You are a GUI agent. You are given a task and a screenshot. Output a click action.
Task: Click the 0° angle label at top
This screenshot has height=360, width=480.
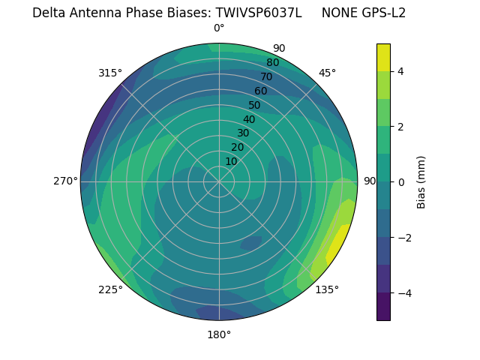click(x=219, y=28)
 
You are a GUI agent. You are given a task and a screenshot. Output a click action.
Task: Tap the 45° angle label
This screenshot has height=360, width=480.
click(x=327, y=73)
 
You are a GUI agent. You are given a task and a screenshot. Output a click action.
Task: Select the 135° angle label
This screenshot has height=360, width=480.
click(x=327, y=289)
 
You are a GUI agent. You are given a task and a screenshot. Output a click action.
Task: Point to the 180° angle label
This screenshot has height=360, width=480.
click(x=219, y=334)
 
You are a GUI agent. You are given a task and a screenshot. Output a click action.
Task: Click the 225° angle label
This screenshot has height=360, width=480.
click(x=110, y=289)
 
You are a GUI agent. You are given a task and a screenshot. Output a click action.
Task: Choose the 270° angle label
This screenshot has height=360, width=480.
click(x=65, y=181)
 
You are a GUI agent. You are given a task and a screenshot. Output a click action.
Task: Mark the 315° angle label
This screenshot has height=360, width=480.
click(x=110, y=73)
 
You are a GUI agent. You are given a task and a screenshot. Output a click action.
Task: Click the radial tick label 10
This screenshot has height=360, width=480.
click(x=231, y=161)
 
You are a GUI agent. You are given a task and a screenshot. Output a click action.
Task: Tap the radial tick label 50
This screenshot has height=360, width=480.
click(x=254, y=105)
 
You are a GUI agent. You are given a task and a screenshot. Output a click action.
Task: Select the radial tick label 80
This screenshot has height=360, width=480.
click(x=272, y=62)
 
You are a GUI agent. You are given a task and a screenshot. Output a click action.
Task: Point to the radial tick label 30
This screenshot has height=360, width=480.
click(x=243, y=133)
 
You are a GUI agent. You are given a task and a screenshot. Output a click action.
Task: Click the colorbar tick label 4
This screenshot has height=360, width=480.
click(x=401, y=71)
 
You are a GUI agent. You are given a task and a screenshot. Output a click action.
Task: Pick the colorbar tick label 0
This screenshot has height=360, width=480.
click(x=401, y=181)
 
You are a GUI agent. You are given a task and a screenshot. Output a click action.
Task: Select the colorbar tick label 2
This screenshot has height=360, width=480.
click(x=401, y=127)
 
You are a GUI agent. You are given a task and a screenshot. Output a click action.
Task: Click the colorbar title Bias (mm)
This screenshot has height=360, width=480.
click(x=421, y=181)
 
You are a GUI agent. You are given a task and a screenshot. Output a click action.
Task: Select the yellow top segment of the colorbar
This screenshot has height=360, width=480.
click(x=383, y=57)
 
